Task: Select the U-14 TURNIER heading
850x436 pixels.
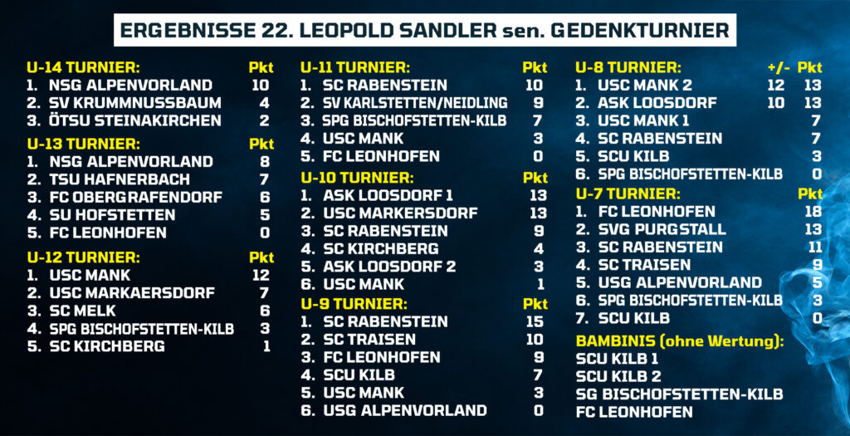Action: point(83,68)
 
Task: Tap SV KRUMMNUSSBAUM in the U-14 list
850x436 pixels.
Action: point(135,103)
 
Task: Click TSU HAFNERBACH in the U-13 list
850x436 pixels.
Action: point(120,179)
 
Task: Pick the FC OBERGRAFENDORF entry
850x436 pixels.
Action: point(135,198)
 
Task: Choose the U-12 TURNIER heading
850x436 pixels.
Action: point(83,257)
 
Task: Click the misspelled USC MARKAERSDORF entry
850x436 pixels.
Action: point(132,293)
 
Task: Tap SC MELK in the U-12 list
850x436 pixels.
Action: point(82,311)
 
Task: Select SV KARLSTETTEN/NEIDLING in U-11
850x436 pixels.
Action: point(415,103)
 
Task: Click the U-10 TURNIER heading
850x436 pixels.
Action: point(357,178)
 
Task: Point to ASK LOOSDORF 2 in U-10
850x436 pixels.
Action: point(389,267)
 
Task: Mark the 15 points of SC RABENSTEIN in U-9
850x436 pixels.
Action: point(535,321)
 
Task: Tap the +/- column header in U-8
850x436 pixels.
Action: point(779,68)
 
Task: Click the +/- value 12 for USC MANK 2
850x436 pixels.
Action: point(776,86)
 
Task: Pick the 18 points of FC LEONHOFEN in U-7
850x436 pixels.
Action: point(813,212)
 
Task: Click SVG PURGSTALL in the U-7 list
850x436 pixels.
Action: point(662,229)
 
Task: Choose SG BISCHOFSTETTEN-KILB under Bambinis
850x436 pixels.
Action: point(679,394)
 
